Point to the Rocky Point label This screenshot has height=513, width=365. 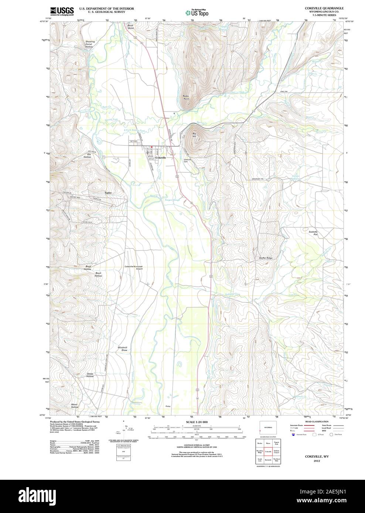point(186,97)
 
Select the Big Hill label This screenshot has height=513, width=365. point(194,135)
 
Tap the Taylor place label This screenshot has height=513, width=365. point(108,193)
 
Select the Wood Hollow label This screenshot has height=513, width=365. point(74,406)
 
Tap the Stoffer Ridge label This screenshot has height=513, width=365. point(265,258)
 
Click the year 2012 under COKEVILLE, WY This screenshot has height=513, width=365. point(317,461)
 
